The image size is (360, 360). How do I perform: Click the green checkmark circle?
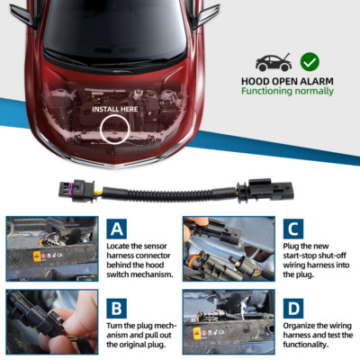tap(310, 62)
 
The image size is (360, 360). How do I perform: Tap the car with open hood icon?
tap(274, 62)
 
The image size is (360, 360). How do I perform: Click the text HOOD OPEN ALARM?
tap(287, 81)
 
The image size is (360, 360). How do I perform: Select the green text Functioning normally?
tap(287, 91)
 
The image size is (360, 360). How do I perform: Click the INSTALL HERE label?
tap(115, 109)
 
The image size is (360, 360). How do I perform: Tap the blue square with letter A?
tap(116, 229)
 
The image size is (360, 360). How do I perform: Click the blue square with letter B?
tap(116, 309)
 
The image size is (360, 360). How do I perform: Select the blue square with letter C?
tap(293, 229)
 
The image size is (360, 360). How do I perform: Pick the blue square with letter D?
tap(293, 309)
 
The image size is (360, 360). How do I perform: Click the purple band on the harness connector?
tap(69, 190)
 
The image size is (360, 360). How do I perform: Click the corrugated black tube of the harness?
tap(169, 194)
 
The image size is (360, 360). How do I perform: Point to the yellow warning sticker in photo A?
tap(37, 256)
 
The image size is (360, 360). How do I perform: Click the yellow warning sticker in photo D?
tap(197, 333)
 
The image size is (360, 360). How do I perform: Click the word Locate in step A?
tap(117, 246)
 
